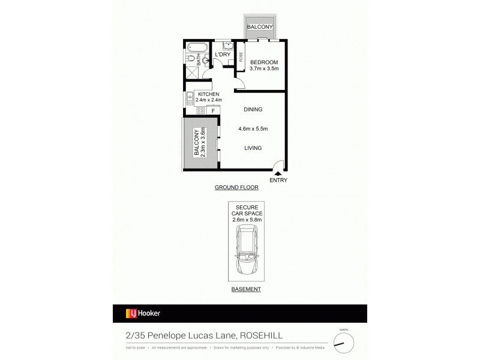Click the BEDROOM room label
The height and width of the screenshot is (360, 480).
[x=264, y=62]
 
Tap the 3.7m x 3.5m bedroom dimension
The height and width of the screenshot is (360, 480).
[x=264, y=70]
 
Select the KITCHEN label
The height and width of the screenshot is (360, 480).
[x=208, y=94]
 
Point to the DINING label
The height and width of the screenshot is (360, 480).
[x=253, y=110]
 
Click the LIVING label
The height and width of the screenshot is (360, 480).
[x=253, y=148]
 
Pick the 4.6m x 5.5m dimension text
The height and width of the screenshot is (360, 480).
[x=253, y=129]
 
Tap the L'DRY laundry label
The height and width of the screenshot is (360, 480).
[x=223, y=55]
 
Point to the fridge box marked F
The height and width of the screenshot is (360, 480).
[x=212, y=110]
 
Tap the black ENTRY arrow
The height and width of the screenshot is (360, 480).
[x=278, y=173]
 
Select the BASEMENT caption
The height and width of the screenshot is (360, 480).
[x=246, y=289]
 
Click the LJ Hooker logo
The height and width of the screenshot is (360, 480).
[x=143, y=313]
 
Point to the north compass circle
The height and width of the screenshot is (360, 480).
[x=344, y=343]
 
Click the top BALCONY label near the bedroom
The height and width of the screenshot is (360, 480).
[x=260, y=27]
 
